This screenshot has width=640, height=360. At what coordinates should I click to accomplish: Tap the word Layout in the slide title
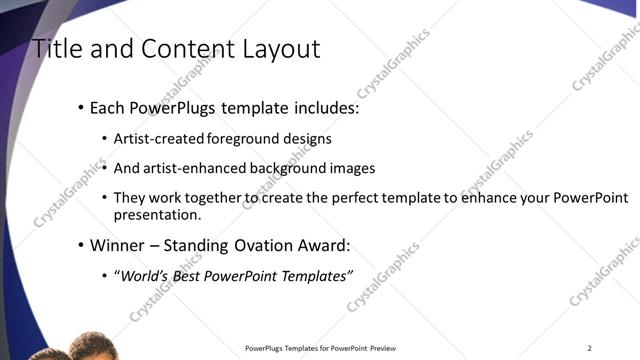[x=270, y=48]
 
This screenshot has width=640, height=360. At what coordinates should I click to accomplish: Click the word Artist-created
[x=160, y=139]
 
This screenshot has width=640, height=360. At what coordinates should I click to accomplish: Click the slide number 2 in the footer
[x=590, y=348]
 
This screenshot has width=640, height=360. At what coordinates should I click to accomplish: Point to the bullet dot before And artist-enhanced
[x=105, y=169]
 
